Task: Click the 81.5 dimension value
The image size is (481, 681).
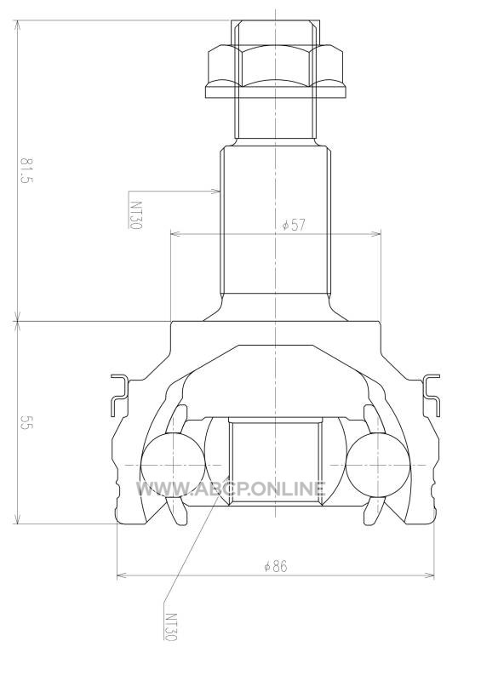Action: click(26, 171)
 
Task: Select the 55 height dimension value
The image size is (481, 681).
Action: click(26, 422)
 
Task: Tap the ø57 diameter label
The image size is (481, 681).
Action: click(295, 225)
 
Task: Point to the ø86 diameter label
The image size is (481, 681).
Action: click(276, 566)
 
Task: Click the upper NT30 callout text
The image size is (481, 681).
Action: click(136, 215)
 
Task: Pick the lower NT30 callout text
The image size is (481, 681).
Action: click(171, 627)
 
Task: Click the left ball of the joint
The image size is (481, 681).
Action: click(173, 464)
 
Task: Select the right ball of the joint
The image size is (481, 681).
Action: click(378, 464)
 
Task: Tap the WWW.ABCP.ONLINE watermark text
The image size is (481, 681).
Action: click(232, 489)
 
